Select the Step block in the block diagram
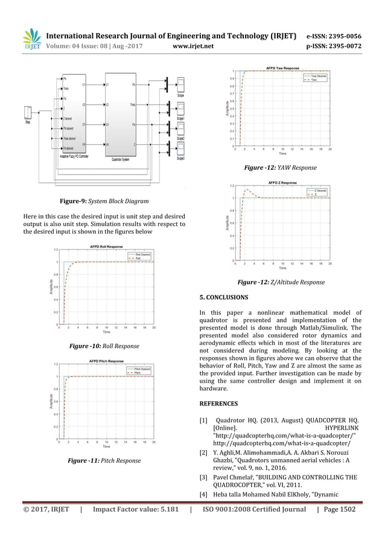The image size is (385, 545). pyautogui.click(x=28, y=113)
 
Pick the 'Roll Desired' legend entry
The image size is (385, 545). pyautogui.click(x=143, y=254)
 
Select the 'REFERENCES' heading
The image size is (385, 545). pyautogui.click(x=218, y=403)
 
